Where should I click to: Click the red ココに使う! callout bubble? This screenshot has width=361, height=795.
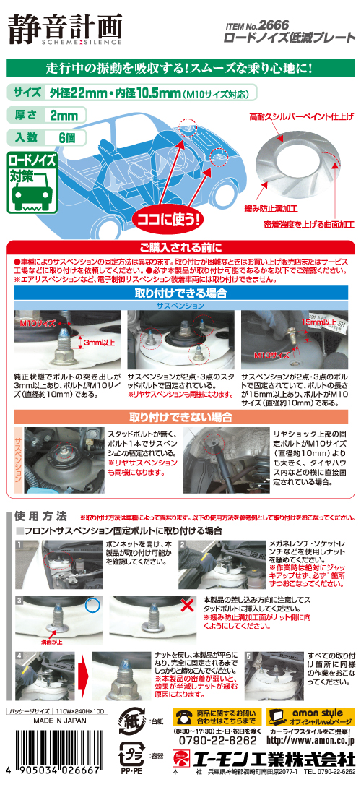click(x=165, y=216)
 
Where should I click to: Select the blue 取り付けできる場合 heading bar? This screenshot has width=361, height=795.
click(x=180, y=293)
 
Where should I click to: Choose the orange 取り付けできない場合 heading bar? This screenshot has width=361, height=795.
click(x=180, y=417)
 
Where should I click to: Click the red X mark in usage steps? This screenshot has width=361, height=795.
click(x=188, y=605)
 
